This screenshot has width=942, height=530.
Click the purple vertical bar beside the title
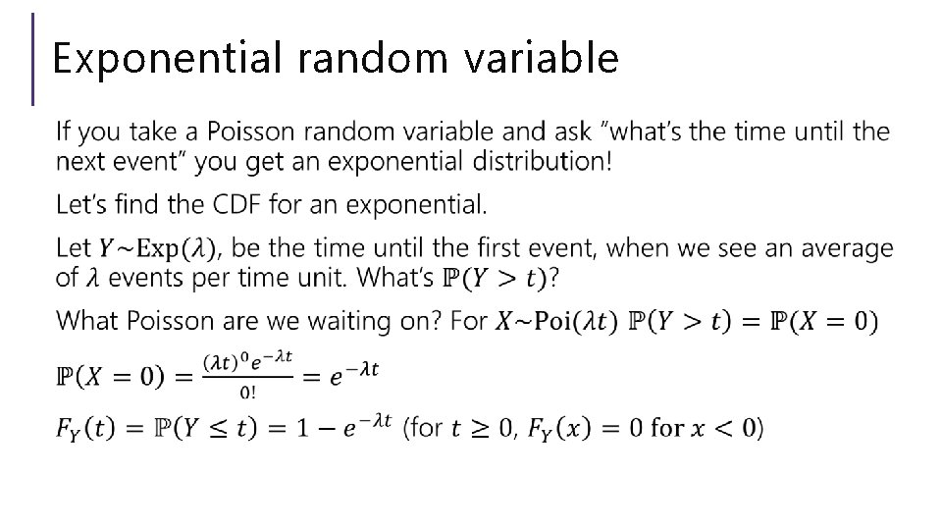click(x=34, y=59)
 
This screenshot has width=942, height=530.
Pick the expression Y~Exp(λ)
click(x=147, y=249)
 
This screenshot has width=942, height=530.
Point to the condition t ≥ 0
click(x=482, y=429)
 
